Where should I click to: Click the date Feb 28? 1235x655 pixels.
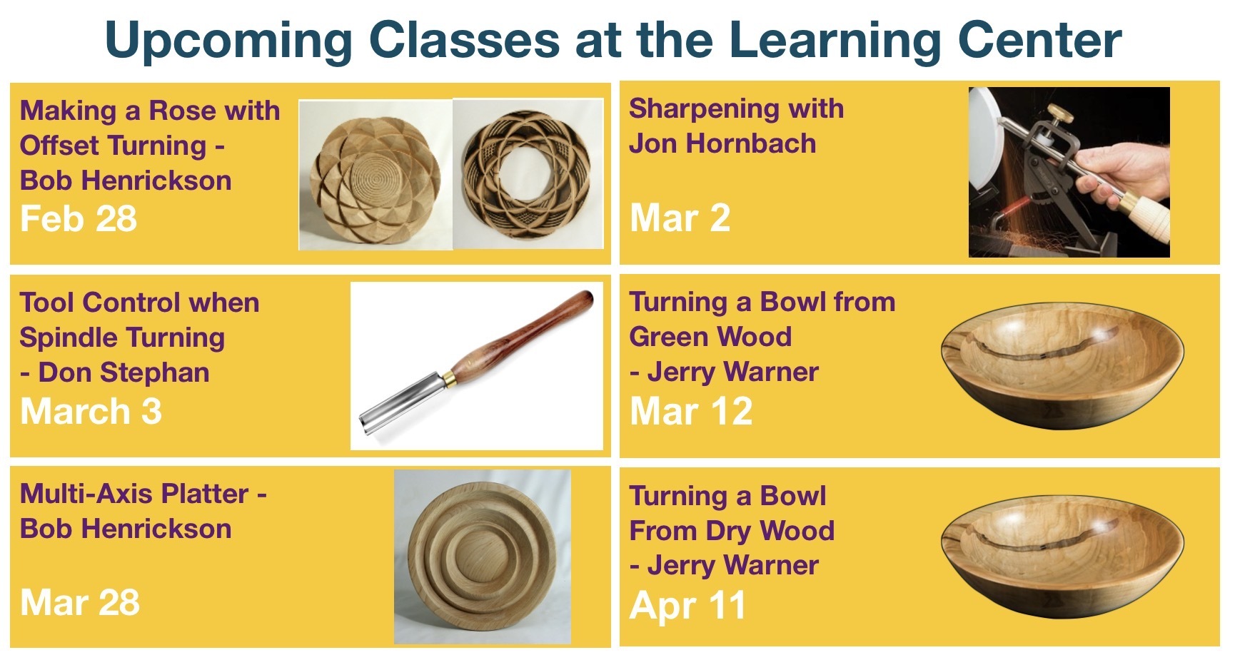(79, 218)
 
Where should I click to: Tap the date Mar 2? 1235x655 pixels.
(680, 218)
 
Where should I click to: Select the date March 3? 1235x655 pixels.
(91, 411)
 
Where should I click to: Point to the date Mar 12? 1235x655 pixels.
(691, 411)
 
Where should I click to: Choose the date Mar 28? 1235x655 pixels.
(80, 602)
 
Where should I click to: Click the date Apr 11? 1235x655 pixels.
(687, 605)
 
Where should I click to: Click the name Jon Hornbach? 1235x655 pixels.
(722, 143)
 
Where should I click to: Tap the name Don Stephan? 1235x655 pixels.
(123, 372)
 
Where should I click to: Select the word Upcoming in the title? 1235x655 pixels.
(228, 40)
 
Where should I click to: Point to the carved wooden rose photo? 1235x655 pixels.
(375, 175)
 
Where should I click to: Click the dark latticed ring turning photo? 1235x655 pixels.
(528, 173)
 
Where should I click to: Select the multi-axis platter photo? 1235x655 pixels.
(483, 557)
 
